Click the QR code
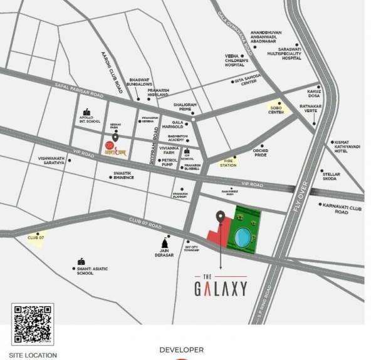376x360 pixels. [33, 324]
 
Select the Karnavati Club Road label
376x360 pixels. [341, 207]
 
